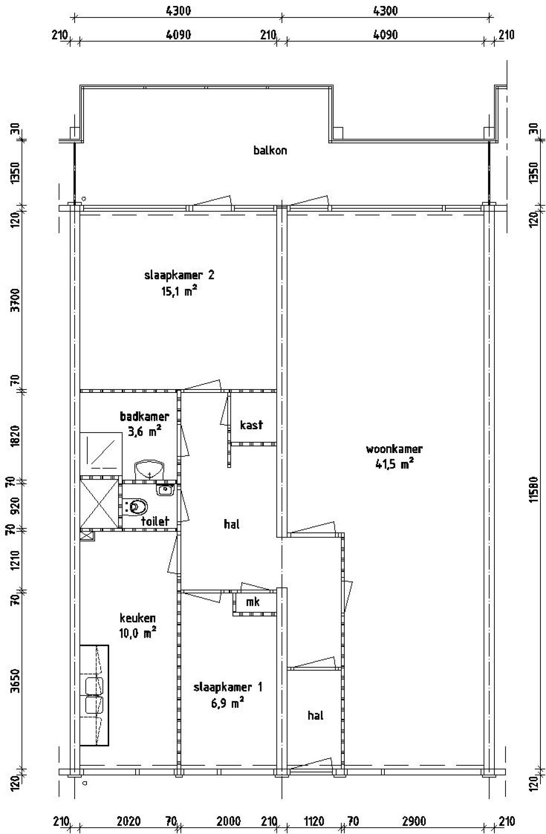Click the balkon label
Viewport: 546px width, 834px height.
(x=270, y=151)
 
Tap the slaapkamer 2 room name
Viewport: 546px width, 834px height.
(x=179, y=275)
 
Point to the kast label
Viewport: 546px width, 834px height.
(x=251, y=425)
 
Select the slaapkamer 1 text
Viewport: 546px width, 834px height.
(x=228, y=687)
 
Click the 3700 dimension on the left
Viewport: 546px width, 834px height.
(x=15, y=300)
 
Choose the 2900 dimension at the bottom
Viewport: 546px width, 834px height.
(x=414, y=821)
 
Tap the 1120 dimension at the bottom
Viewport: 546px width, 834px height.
(x=314, y=821)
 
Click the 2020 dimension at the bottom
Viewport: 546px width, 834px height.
(x=129, y=821)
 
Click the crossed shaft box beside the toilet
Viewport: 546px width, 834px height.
(x=99, y=504)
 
